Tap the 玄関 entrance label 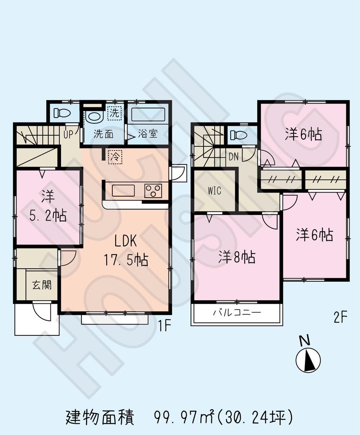click(x=42, y=285)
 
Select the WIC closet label click(x=214, y=191)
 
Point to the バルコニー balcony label click(x=236, y=313)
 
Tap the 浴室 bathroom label click(x=148, y=134)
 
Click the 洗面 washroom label click(x=104, y=134)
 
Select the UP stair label click(x=68, y=134)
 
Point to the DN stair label click(x=234, y=156)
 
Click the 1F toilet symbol click(x=61, y=113)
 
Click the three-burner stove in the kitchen click(x=154, y=190)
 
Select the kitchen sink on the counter click(x=123, y=190)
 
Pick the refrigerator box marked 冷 click(x=115, y=156)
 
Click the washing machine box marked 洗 click(x=114, y=112)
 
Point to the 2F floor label click(x=340, y=318)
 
